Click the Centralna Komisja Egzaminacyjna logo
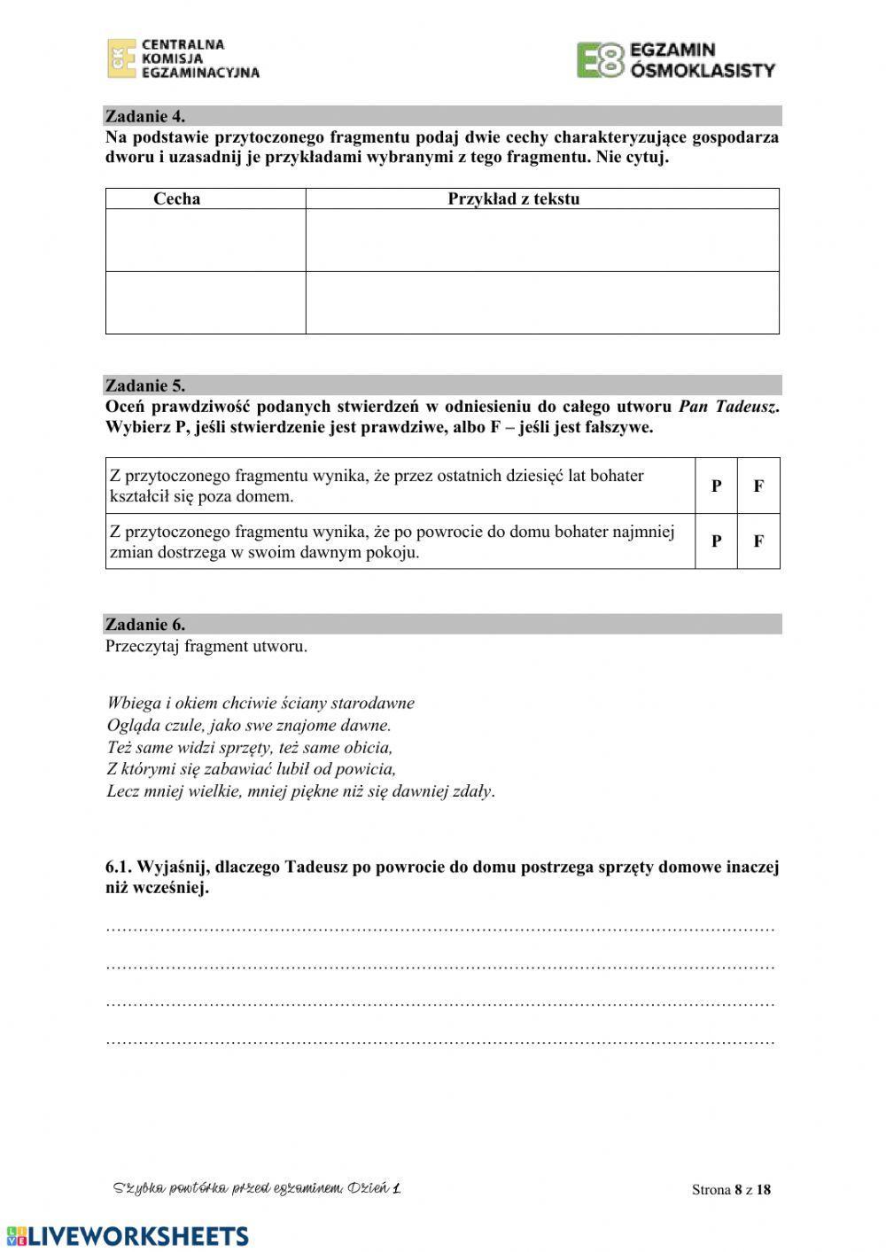pos(183,58)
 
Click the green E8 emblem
pos(600,60)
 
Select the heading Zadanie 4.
pos(145,116)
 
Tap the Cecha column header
pos(177,199)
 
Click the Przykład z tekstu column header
pos(513,199)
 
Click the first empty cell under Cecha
pos(206,240)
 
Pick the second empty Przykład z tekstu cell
pos(542,303)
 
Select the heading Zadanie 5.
pos(145,385)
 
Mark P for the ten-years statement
pos(716,486)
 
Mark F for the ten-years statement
pos(758,486)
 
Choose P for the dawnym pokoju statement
pos(716,541)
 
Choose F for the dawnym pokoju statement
pos(758,541)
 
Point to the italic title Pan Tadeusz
pos(728,408)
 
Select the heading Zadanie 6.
pos(145,625)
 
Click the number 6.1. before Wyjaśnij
pos(122,867)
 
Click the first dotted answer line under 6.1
pos(440,929)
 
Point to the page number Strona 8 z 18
pos(731,1190)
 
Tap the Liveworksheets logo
pos(127,1236)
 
